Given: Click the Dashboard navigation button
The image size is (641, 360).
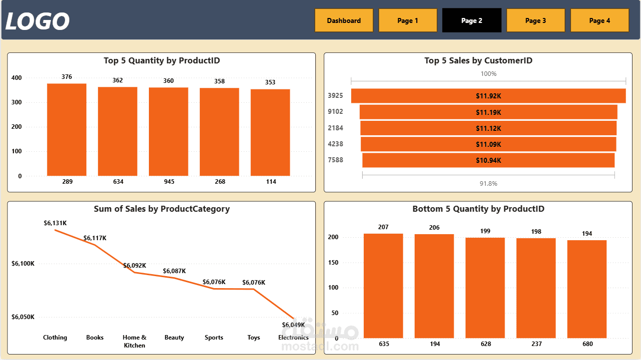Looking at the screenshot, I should pyautogui.click(x=344, y=20).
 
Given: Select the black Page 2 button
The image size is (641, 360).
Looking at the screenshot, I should pyautogui.click(x=472, y=20).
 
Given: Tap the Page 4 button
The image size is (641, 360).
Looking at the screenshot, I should pyautogui.click(x=600, y=20).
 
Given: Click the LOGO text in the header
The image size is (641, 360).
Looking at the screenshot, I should pyautogui.click(x=37, y=21).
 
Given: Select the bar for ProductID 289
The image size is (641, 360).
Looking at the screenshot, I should pyautogui.click(x=67, y=130).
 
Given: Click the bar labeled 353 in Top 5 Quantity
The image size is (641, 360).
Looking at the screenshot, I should pyautogui.click(x=270, y=133).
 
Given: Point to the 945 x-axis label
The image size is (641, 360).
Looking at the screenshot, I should pyautogui.click(x=169, y=182).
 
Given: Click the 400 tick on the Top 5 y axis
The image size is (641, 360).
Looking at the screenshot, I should pyautogui.click(x=16, y=78).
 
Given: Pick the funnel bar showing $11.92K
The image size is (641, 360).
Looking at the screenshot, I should pyautogui.click(x=488, y=96).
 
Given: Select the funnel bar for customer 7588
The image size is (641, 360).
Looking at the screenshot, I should pyautogui.click(x=488, y=160).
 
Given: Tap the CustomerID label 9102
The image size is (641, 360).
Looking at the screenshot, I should pyautogui.click(x=335, y=112).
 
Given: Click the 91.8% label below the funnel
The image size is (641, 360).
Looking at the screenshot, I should pyautogui.click(x=488, y=184).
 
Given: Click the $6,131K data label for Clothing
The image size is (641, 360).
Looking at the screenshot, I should pyautogui.click(x=55, y=223).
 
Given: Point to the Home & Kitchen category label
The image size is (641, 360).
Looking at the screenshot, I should pyautogui.click(x=134, y=342).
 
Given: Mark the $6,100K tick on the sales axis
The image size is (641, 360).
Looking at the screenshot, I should pyautogui.click(x=23, y=264).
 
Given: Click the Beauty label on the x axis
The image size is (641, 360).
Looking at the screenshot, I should pyautogui.click(x=174, y=338).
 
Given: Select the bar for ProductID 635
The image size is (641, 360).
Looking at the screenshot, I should pyautogui.click(x=383, y=286).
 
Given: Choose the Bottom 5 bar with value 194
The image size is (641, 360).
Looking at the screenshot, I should pyautogui.click(x=587, y=289).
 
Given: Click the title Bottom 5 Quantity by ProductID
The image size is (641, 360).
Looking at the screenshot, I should pyautogui.click(x=478, y=209).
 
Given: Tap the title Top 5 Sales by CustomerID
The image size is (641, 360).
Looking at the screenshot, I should pyautogui.click(x=478, y=61).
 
